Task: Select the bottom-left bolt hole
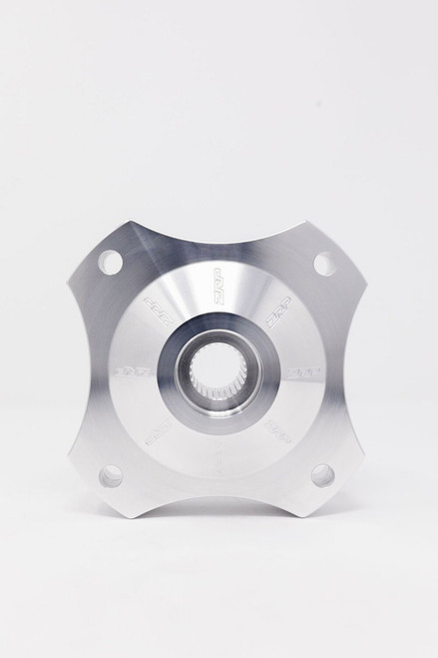111,476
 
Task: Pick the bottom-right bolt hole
322,475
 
